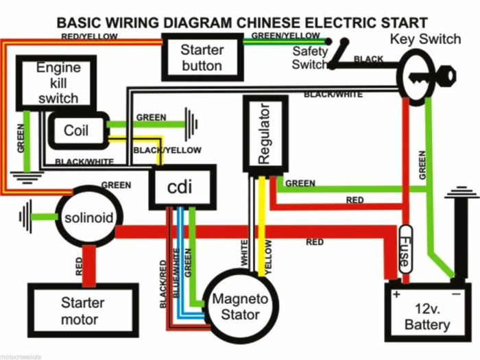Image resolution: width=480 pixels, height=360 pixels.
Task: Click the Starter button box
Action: coord(202,58)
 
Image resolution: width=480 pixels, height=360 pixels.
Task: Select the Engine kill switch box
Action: coord(58,83)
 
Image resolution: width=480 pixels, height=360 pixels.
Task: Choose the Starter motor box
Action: coord(83,311)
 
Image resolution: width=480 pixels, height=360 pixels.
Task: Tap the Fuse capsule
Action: coord(405,250)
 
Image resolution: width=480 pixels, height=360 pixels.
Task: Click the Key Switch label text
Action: coord(425,39)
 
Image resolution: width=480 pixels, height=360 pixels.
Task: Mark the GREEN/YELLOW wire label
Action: coord(285,35)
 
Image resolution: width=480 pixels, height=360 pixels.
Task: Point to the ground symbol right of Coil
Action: coord(191,125)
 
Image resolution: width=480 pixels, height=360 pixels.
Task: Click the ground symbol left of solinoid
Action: coord(26,218)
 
